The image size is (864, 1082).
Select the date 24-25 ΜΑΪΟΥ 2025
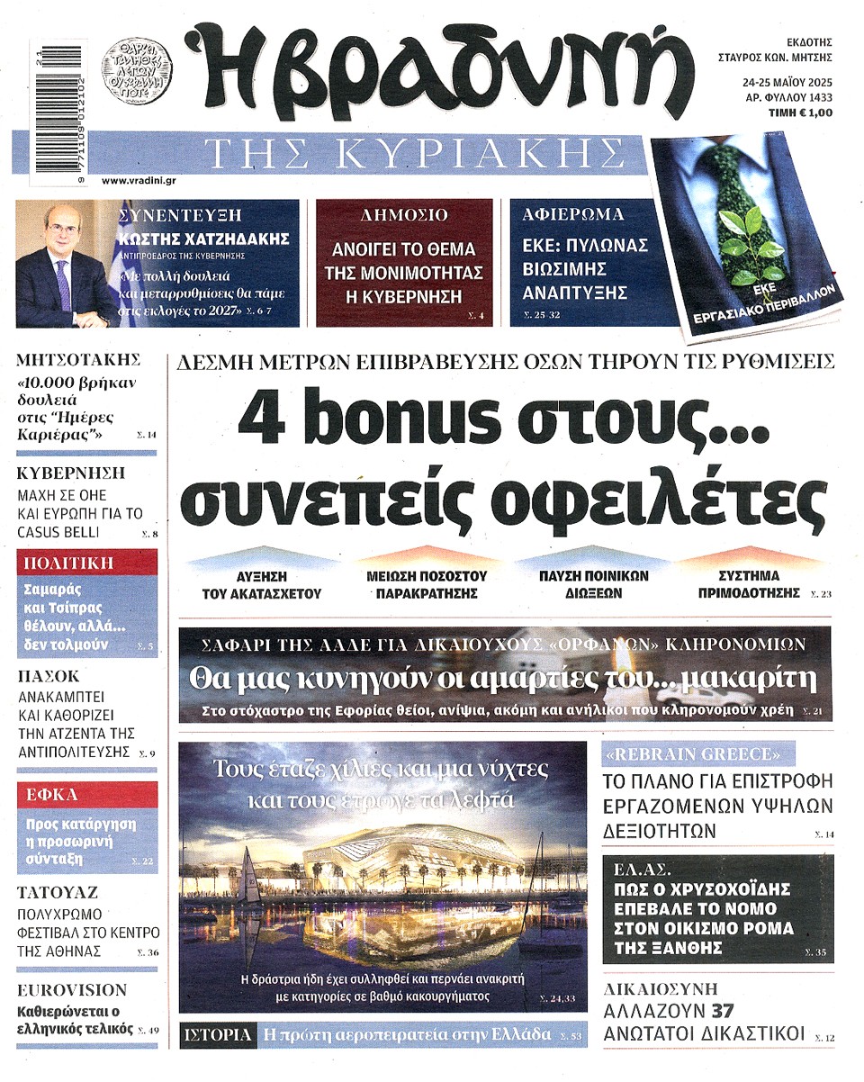click(x=781, y=82)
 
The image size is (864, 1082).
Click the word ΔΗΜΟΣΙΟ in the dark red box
click(x=403, y=215)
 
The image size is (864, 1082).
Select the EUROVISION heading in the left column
click(x=73, y=989)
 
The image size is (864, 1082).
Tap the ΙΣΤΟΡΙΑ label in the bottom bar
click(x=216, y=1034)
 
